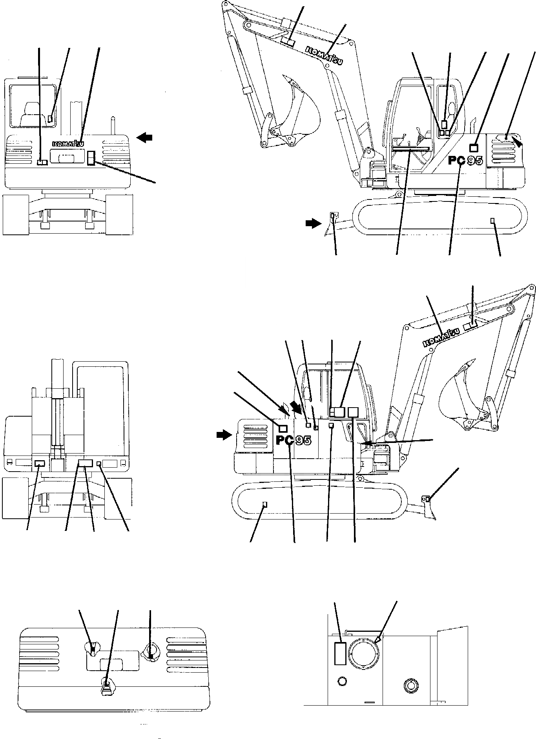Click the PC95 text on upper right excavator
(x=465, y=160)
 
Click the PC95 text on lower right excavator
(x=294, y=440)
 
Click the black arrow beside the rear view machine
(x=144, y=137)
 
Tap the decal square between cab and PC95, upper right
(x=474, y=148)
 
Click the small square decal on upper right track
(x=492, y=221)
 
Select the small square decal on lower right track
(x=264, y=504)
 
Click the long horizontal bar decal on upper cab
(x=410, y=148)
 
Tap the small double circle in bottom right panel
(x=410, y=686)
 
